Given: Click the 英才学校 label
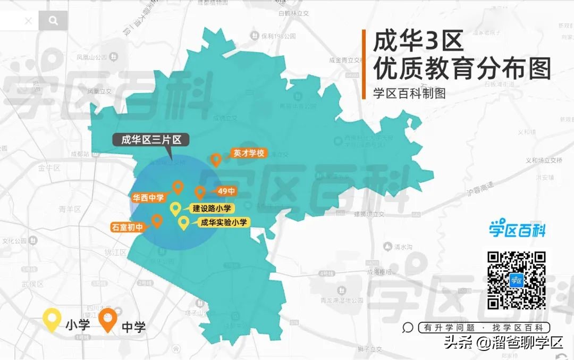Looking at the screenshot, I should pos(248,154).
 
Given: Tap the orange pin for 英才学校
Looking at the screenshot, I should pos(216,158).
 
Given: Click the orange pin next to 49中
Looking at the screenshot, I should pos(200,192).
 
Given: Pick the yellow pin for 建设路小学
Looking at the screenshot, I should pos(175,208).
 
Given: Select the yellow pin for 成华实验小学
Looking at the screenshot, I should pos(183,223).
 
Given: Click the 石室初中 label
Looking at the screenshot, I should pos(128,227).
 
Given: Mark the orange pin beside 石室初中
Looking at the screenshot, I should pos(157,220).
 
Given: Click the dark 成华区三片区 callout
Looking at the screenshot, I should pos(151,140).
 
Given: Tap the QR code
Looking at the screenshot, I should pos(517,280).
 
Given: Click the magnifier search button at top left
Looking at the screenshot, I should pos(53,21).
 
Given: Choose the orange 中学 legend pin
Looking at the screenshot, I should pos(108,319).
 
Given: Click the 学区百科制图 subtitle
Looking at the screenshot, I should pos(409,93).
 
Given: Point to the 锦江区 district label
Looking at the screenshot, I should pos(115,252).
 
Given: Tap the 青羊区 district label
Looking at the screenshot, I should pos(70,209).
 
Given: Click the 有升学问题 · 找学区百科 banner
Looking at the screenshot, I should pos(484,328).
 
